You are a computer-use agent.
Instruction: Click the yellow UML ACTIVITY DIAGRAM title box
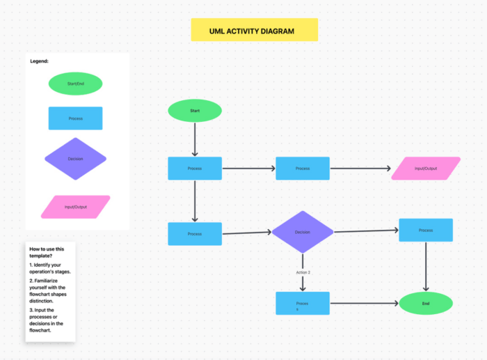click(254, 31)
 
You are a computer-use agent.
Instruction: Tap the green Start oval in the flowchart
click(195, 110)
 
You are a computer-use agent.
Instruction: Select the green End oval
click(426, 303)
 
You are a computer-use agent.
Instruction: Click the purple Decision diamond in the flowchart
click(303, 232)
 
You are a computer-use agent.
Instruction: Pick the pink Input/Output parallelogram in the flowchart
click(426, 169)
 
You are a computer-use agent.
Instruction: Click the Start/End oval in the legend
click(75, 84)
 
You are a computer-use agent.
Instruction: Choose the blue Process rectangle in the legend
click(75, 118)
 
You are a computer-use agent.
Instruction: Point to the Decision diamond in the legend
click(75, 159)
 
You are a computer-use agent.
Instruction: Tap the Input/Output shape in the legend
click(75, 206)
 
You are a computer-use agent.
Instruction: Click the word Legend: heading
click(39, 61)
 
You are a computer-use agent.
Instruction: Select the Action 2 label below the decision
click(303, 272)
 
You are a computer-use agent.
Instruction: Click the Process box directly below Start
click(195, 169)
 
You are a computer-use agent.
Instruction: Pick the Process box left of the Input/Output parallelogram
click(303, 169)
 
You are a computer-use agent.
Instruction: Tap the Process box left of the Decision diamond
click(195, 234)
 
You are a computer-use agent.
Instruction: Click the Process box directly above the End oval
click(426, 230)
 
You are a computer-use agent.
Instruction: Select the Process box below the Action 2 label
click(303, 304)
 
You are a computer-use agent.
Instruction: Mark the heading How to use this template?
click(47, 252)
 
